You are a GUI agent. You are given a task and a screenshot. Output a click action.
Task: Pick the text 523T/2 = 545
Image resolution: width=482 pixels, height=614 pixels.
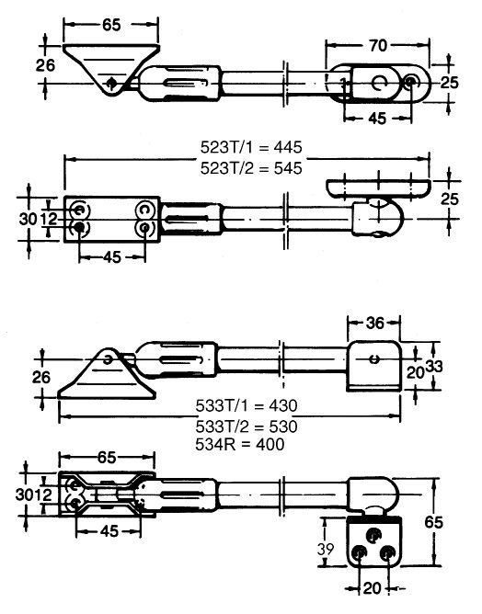tap(251, 167)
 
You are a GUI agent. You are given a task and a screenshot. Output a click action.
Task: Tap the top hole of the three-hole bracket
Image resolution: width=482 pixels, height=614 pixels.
tap(373, 533)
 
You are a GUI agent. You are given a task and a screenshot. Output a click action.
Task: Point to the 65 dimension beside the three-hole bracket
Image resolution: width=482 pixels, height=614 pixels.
tap(439, 519)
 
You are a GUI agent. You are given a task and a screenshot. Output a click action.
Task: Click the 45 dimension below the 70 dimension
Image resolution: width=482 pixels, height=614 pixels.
tap(376, 118)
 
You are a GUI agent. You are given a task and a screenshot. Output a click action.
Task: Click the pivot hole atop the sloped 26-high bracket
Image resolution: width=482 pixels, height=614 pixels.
tap(109, 358)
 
